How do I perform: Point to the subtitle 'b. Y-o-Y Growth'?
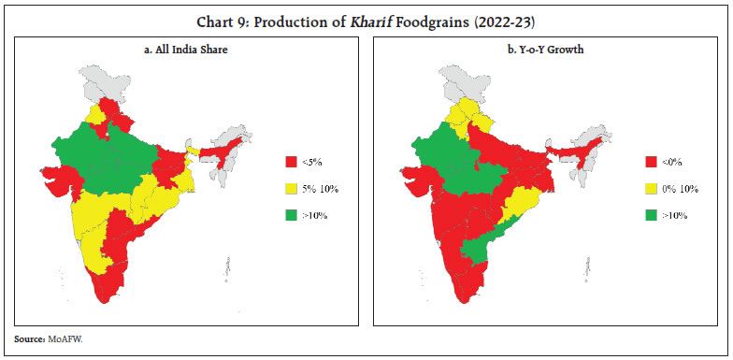546,49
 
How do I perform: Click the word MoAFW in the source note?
64,343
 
